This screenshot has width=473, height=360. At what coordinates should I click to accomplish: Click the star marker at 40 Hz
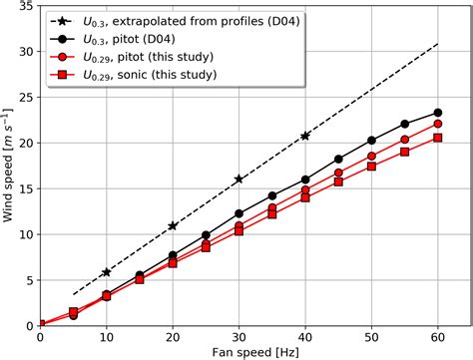pyautogui.click(x=305, y=136)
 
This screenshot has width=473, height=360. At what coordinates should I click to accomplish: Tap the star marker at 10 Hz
pyautogui.click(x=106, y=272)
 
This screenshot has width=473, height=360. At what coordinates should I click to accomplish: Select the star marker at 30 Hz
pyautogui.click(x=238, y=180)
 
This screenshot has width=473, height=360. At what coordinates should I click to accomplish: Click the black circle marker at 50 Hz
pyautogui.click(x=371, y=141)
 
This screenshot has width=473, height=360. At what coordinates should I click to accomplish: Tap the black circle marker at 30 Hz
pyautogui.click(x=238, y=213)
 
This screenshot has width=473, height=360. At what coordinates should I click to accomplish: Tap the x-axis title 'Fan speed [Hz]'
pyautogui.click(x=238, y=352)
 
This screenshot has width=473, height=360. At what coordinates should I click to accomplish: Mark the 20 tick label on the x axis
pyautogui.click(x=173, y=336)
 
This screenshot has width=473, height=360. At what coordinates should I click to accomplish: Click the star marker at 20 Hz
pyautogui.click(x=173, y=226)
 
